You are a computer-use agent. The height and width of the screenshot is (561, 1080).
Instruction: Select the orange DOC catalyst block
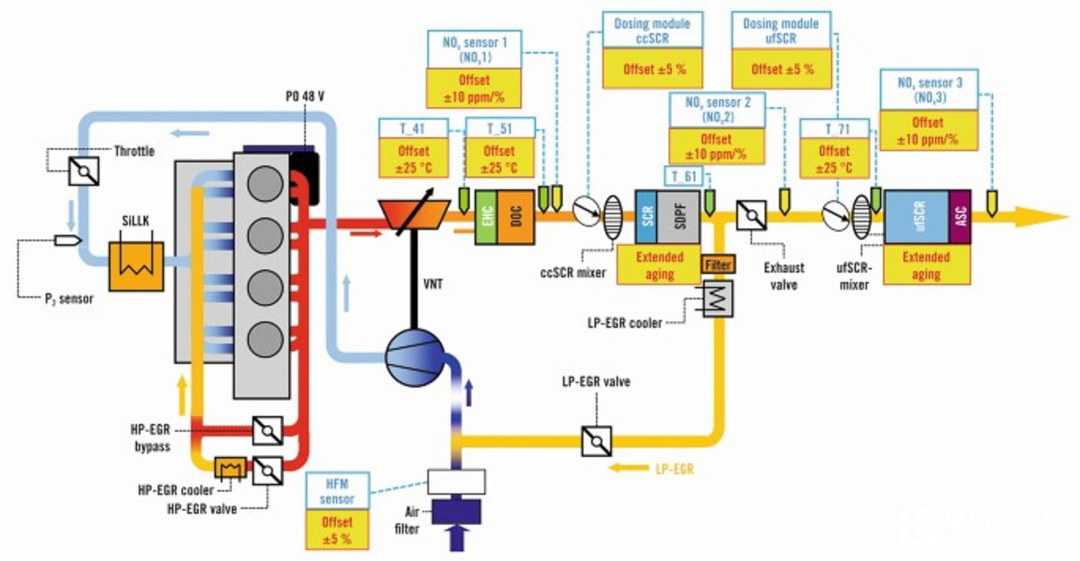[516, 217]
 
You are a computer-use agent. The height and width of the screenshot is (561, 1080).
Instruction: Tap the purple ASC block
[960, 216]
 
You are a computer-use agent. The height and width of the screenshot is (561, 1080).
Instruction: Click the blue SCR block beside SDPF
[646, 216]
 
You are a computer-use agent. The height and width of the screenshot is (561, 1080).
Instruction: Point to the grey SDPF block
[678, 216]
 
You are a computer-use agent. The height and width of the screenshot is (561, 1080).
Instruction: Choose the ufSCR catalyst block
[917, 216]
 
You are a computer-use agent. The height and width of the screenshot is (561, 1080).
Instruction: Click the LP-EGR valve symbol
[597, 441]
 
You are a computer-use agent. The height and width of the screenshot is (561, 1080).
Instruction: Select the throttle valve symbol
[84, 171]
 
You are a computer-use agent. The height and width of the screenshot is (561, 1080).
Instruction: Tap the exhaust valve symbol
[751, 215]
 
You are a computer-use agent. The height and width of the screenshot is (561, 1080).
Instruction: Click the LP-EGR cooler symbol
[718, 298]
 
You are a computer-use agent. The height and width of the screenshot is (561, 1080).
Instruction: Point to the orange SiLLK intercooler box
[136, 266]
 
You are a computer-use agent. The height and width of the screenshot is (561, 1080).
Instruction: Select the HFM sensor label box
[337, 491]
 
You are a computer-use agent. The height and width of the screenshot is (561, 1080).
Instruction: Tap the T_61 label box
[684, 176]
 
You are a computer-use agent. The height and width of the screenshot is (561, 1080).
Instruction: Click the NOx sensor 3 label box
[929, 90]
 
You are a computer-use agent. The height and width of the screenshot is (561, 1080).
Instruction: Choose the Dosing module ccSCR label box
[652, 31]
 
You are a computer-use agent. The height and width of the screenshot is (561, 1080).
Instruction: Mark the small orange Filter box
[718, 265]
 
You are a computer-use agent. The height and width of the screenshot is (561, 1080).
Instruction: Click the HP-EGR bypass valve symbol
[268, 430]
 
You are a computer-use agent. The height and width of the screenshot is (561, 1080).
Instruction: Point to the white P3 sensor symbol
[67, 240]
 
